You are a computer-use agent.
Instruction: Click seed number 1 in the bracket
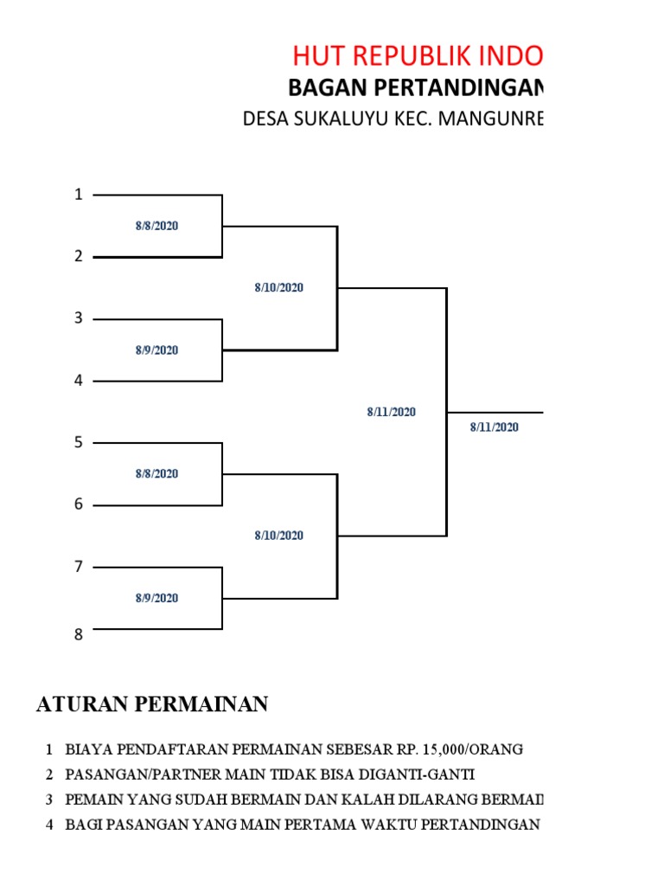[x=79, y=195]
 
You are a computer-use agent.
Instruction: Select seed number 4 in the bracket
[x=79, y=381]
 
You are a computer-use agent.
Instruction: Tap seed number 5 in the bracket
[x=79, y=443]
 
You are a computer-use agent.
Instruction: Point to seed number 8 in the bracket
[x=79, y=635]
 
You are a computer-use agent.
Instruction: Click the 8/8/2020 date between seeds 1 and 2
[x=156, y=226]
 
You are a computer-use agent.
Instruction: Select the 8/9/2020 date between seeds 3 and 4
[x=156, y=350]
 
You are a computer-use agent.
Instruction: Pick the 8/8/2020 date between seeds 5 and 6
[x=156, y=474]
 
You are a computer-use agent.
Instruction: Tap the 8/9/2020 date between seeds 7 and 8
[x=156, y=598]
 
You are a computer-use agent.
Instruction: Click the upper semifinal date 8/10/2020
[x=278, y=288]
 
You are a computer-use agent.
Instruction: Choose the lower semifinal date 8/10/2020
[x=278, y=536]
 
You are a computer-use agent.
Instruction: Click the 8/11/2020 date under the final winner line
[x=495, y=427]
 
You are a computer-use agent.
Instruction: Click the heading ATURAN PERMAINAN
[x=152, y=704]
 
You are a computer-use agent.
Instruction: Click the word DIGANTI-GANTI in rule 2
[x=418, y=774]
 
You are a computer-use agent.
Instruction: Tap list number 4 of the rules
[x=49, y=825]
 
